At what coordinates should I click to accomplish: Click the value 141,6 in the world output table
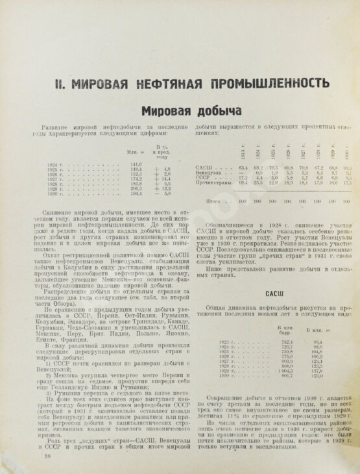[x=136, y=163]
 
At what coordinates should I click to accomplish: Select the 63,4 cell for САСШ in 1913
[x=241, y=168]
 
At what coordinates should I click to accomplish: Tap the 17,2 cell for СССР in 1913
[x=241, y=178]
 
